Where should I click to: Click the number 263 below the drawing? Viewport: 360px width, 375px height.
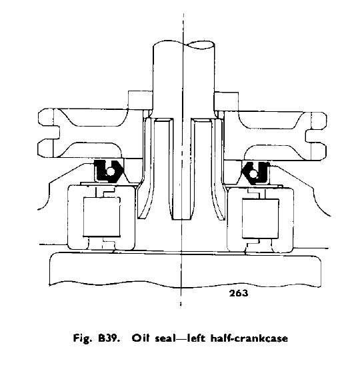pos(239,293)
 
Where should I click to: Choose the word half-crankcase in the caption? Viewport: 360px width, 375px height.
pos(249,338)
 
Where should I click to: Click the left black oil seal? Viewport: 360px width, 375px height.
pos(109,171)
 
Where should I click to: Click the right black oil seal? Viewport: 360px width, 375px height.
pos(256,173)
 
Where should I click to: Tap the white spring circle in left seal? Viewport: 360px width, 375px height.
pos(110,171)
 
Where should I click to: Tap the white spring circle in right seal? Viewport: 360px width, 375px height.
pos(253,173)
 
